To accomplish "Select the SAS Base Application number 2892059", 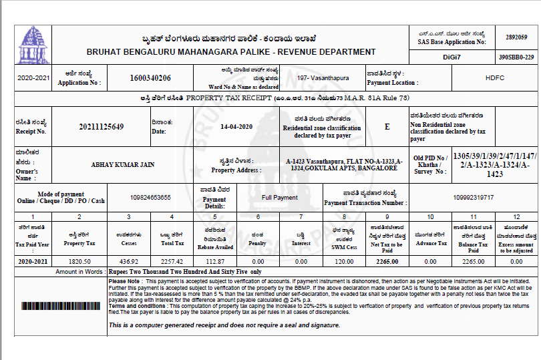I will pyautogui.click(x=516, y=37).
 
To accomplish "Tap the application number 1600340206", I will pyautogui.click(x=150, y=78).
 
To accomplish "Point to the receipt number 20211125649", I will pyautogui.click(x=101, y=126).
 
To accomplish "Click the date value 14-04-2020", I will pyautogui.click(x=236, y=126).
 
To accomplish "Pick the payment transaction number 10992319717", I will pyautogui.click(x=473, y=198).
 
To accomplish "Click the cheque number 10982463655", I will pyautogui.click(x=150, y=198).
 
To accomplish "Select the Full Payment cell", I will pyautogui.click(x=280, y=198).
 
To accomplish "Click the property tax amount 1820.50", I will pyautogui.click(x=79, y=262).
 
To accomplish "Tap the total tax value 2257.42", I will pyautogui.click(x=172, y=262).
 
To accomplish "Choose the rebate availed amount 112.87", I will pyautogui.click(x=214, y=262).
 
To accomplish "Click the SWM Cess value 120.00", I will pyautogui.click(x=344, y=262).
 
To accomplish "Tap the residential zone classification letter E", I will pyautogui.click(x=387, y=126).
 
